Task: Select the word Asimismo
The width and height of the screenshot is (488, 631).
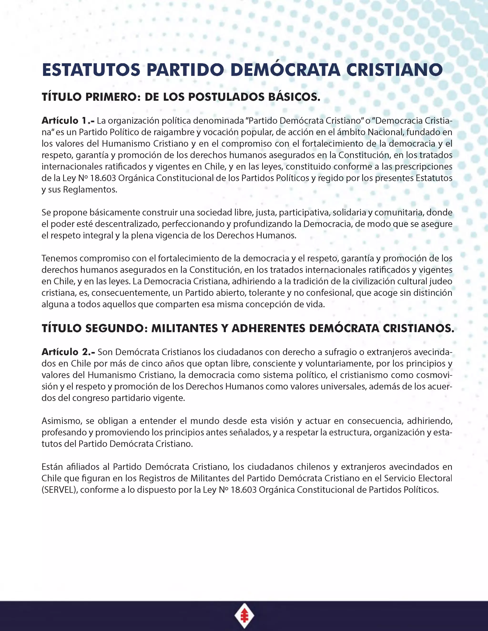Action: pos(61,421)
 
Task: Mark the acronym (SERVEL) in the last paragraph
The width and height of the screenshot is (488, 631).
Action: pos(60,490)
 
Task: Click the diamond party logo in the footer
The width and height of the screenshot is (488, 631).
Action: pos(244,615)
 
